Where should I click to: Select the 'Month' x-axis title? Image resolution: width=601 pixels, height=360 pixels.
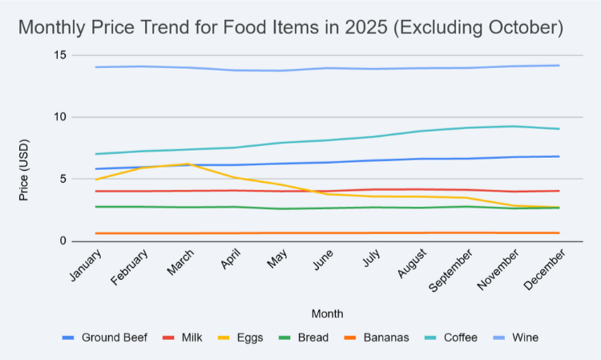pyautogui.click(x=328, y=314)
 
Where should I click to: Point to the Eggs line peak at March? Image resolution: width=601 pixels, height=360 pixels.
pyautogui.click(x=188, y=164)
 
